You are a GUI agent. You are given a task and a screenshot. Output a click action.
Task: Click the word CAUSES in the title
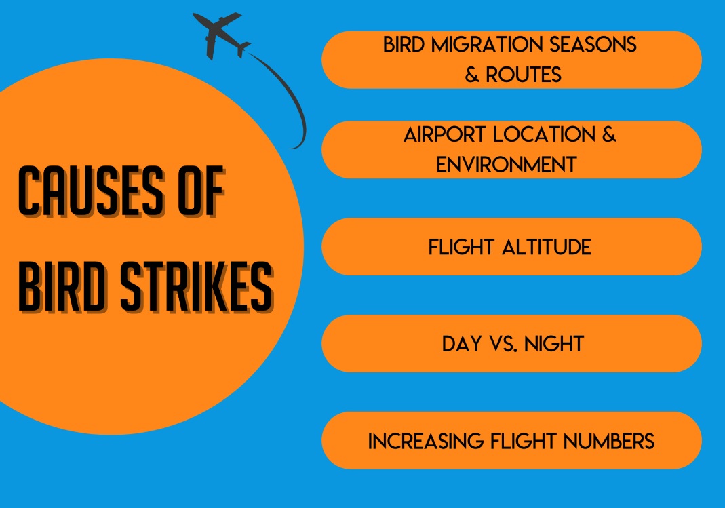[88, 194]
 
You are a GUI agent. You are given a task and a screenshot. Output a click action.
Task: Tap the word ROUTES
[523, 74]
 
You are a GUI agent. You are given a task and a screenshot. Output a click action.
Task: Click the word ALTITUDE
[547, 246]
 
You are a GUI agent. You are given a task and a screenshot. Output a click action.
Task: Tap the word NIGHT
[552, 343]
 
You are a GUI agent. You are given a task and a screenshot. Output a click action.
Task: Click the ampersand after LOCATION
[609, 134]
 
